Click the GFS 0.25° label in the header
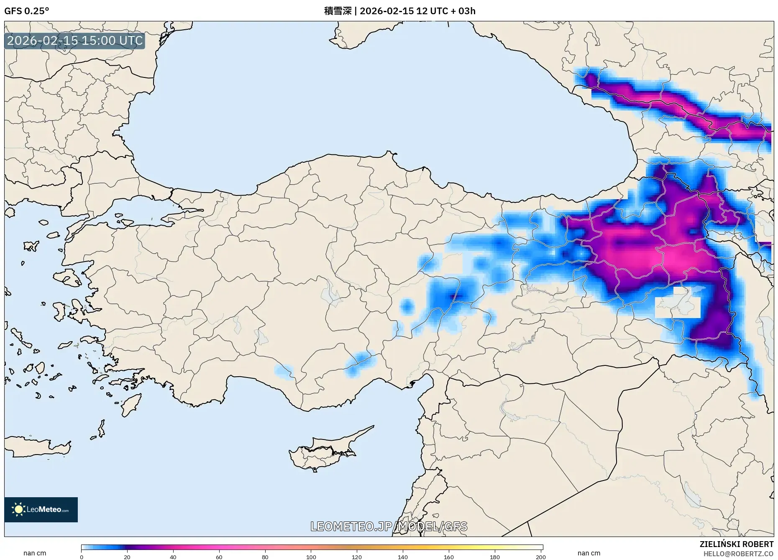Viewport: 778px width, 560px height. (x=26, y=11)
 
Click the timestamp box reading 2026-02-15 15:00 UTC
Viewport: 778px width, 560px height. (x=75, y=41)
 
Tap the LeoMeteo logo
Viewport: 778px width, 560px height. (x=41, y=509)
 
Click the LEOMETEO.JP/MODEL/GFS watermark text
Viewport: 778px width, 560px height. (x=389, y=526)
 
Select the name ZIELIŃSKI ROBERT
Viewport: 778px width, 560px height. (x=736, y=544)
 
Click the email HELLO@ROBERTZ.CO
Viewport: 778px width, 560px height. (x=738, y=554)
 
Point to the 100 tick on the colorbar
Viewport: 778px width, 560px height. (x=311, y=557)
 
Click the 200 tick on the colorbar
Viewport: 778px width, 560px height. (x=540, y=557)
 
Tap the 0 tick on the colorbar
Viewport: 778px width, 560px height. (x=82, y=557)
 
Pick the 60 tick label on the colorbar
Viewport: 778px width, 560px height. (x=219, y=557)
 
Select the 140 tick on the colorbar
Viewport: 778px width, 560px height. (x=403, y=557)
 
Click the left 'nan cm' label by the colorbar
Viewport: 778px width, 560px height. (x=35, y=553)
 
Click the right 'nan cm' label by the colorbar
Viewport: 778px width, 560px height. (x=589, y=553)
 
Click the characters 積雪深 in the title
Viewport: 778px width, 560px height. (x=338, y=11)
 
